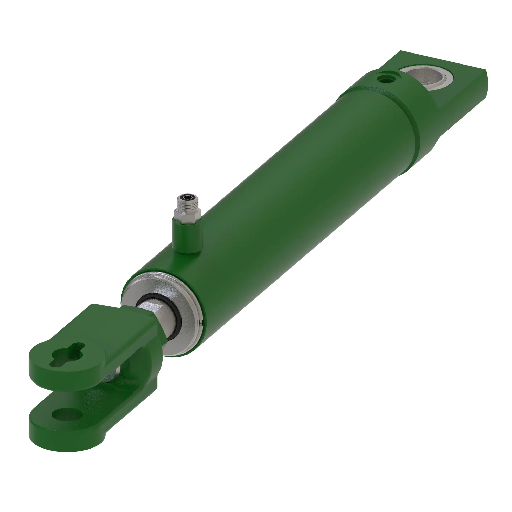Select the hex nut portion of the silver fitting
click(x=187, y=213)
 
